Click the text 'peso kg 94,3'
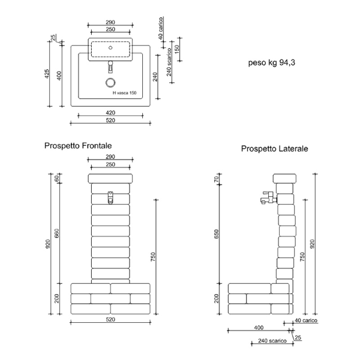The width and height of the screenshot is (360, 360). [x=272, y=62]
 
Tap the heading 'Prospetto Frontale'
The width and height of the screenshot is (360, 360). [x=78, y=146]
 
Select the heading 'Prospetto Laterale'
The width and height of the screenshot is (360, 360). [x=274, y=149]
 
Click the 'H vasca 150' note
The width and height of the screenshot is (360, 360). [x=124, y=93]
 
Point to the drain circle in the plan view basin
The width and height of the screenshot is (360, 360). [x=110, y=83]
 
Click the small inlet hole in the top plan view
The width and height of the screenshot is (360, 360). [x=110, y=48]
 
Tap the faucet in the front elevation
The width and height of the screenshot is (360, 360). [x=110, y=197]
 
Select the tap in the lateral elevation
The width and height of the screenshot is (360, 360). [x=269, y=197]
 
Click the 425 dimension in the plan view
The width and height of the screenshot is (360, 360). [x=47, y=74]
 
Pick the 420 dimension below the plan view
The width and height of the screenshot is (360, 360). [x=110, y=113]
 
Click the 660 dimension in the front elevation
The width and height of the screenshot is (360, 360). [x=57, y=233]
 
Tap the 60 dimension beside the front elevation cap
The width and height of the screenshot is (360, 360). [x=57, y=178]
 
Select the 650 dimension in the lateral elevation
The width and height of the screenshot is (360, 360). [x=217, y=234]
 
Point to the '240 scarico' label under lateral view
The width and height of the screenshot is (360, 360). [x=272, y=341]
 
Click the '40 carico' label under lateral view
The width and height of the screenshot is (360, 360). [x=306, y=320]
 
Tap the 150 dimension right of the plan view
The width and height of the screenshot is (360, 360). [x=177, y=49]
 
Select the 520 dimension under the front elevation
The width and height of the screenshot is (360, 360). [x=110, y=319]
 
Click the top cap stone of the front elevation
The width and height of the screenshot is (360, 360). [x=110, y=178]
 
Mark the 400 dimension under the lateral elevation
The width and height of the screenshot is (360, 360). [x=259, y=328]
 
